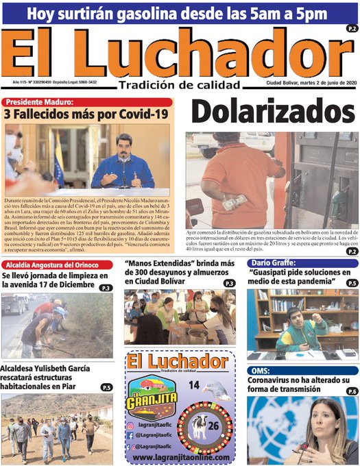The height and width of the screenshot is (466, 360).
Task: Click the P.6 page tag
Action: [x=351, y=391]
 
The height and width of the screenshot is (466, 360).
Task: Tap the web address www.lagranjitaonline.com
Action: [x=181, y=456]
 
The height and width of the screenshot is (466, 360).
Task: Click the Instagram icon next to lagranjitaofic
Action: [x=131, y=426]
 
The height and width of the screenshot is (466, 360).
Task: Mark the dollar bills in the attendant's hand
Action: [x=234, y=201]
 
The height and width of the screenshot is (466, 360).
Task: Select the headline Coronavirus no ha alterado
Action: [x=298, y=385]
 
